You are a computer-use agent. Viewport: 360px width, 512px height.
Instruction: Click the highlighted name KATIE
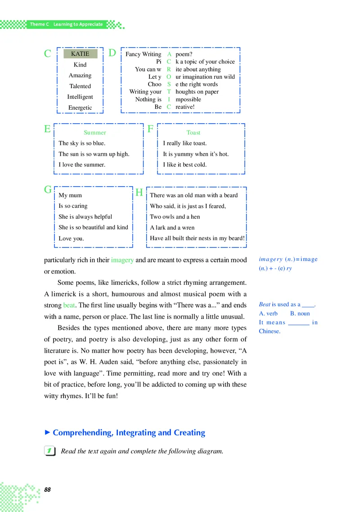click(80, 54)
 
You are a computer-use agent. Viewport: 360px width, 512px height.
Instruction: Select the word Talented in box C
click(80, 86)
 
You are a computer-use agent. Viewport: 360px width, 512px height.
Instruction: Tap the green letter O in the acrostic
click(169, 76)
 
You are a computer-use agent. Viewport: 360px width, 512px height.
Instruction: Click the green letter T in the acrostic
click(169, 91)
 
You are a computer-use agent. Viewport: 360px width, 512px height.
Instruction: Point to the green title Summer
click(95, 133)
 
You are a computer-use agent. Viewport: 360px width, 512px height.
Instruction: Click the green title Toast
click(193, 133)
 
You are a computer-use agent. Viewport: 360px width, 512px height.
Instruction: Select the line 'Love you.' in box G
click(71, 238)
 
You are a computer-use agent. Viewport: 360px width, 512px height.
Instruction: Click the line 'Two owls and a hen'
click(175, 216)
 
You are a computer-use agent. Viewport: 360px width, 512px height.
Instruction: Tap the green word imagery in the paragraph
click(122, 260)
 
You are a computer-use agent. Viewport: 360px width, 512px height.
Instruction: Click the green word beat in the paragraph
click(69, 305)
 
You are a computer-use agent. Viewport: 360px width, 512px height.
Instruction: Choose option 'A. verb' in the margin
click(268, 313)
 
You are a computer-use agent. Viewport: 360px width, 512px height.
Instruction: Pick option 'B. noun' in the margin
click(300, 313)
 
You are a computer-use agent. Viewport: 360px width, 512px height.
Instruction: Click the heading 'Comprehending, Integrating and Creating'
click(129, 433)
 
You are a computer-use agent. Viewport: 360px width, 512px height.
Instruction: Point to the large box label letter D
click(112, 53)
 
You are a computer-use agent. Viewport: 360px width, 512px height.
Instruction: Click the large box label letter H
click(139, 193)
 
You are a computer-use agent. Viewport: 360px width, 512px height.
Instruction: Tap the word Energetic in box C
click(80, 108)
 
